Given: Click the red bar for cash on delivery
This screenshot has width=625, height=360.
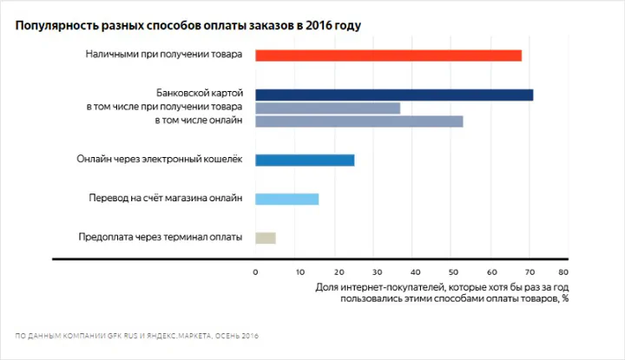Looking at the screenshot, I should (388, 56).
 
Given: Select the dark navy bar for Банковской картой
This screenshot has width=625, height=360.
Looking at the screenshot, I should (394, 95).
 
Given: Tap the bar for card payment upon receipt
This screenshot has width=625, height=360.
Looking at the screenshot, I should (327, 108).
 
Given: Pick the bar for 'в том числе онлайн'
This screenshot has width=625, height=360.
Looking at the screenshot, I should (359, 121).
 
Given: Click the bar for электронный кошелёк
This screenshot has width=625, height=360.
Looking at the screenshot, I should (305, 160).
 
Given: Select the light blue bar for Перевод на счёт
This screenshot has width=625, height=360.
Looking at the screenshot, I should (286, 199).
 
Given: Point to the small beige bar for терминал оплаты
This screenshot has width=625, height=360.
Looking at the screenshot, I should (266, 238).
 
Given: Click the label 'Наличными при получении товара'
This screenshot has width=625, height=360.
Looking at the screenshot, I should (164, 55).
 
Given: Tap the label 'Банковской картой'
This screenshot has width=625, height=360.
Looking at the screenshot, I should (199, 92).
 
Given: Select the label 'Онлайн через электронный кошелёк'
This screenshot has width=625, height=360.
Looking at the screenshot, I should (160, 160).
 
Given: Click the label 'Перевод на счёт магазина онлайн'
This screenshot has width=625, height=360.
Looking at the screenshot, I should (166, 199).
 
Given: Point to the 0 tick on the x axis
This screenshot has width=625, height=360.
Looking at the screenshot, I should (255, 272).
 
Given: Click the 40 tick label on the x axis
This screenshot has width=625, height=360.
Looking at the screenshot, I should (412, 272).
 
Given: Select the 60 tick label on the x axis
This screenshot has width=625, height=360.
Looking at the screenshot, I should (490, 272).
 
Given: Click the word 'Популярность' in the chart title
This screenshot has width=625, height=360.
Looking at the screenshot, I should (53, 24).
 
